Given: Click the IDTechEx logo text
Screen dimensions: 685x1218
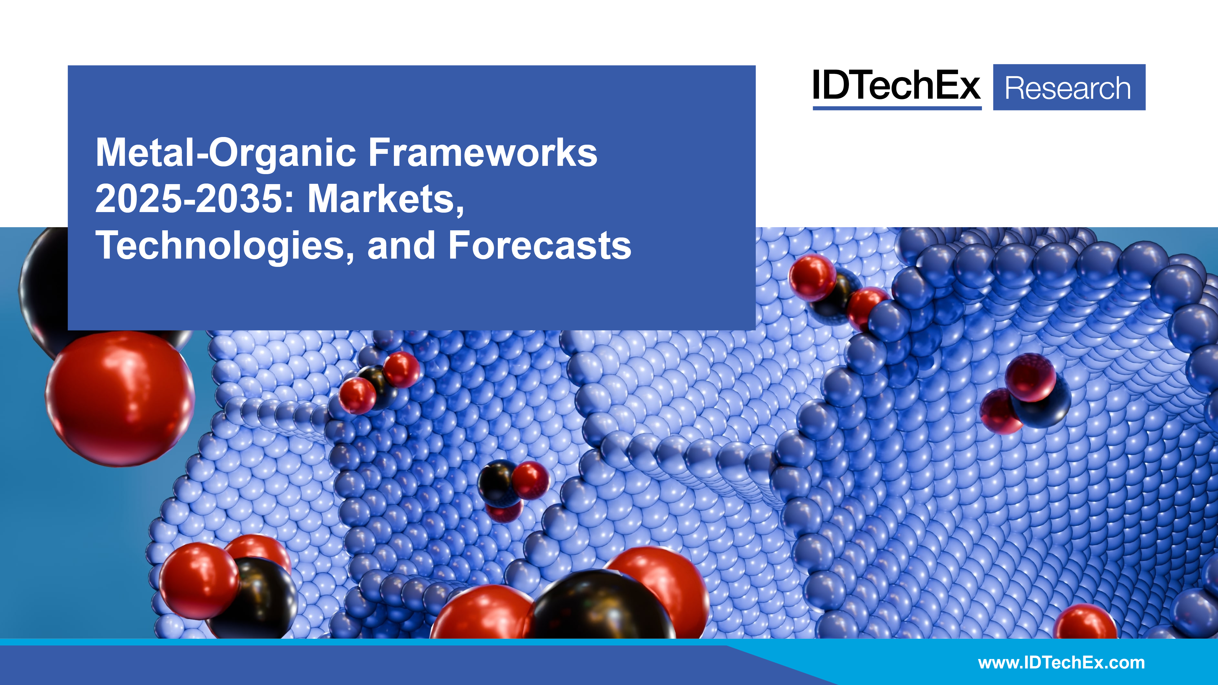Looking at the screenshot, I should (896, 86).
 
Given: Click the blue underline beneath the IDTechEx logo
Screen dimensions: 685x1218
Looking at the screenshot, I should (897, 108).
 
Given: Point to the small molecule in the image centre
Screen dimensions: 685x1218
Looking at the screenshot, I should (511, 487).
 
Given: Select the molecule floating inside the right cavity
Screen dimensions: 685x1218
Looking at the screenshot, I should (1026, 395).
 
